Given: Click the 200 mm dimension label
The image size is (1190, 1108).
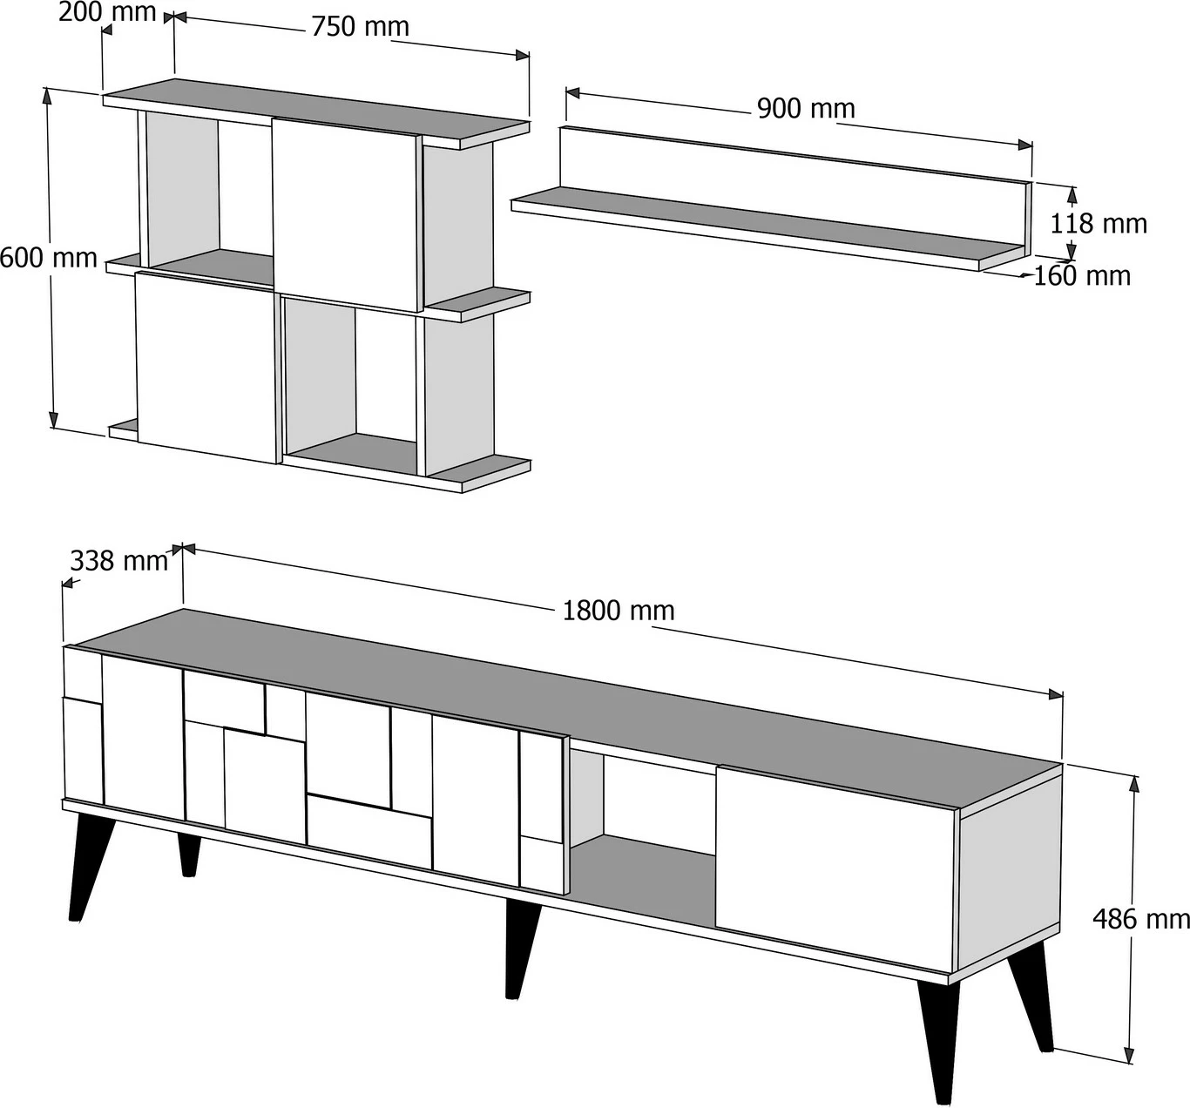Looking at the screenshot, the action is click(107, 12).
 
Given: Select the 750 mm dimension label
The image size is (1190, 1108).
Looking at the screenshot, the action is click(360, 27).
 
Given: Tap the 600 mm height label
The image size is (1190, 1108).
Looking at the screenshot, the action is click(49, 259).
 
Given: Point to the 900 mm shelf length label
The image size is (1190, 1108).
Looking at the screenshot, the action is click(806, 109).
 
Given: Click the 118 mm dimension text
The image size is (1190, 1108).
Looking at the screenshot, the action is click(1099, 224).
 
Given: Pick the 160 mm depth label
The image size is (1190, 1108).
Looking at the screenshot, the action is click(1082, 276).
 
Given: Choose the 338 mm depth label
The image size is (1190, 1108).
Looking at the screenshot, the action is click(119, 561).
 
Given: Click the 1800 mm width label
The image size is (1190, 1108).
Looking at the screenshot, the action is click(619, 611).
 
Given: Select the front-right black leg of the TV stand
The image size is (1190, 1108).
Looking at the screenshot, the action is click(937, 1042).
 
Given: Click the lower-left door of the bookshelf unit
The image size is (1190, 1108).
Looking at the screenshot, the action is click(206, 367).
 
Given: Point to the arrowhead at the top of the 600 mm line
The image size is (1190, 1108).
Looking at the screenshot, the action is click(47, 96).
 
